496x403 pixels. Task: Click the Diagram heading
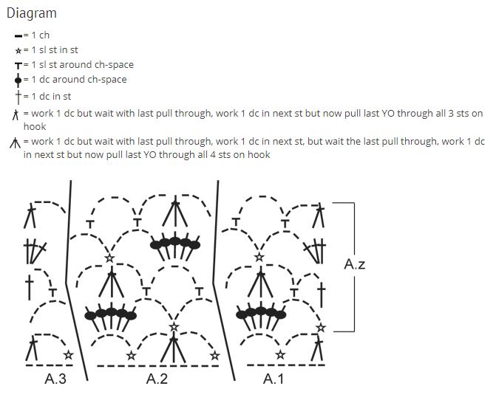[31, 13]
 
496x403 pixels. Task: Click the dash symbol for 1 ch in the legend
[18, 35]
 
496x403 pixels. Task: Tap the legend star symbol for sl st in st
[18, 50]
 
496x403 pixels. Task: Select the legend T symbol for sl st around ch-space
[18, 65]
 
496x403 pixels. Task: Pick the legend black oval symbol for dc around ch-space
[18, 80]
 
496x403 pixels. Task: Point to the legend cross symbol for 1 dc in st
[18, 96]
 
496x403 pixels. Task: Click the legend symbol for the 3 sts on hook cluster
[16, 114]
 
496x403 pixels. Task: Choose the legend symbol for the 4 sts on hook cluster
[16, 142]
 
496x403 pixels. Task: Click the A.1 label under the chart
[274, 379]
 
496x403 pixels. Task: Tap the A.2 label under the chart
[157, 379]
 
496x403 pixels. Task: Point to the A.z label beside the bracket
[355, 263]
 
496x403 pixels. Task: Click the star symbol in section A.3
[68, 355]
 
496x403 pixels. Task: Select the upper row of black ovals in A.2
[175, 242]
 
